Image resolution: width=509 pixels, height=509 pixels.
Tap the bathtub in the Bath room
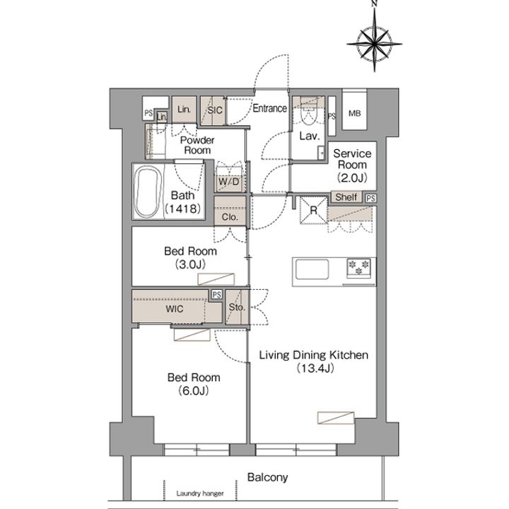coord(148,192)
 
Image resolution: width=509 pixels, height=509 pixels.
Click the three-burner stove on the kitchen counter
coord(358,267)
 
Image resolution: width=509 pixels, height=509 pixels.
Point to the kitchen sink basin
coord(312,269)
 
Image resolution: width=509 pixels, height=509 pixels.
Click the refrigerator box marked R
coord(313,210)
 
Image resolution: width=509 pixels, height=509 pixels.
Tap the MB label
coord(354,113)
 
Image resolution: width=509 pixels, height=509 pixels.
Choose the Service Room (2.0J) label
coord(352,165)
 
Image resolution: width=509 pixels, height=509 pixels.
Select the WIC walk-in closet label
coord(175,309)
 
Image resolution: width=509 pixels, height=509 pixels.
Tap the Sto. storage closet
coord(238,307)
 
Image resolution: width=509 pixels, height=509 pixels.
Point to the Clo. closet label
coord(230,217)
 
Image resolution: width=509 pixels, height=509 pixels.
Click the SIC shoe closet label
coord(215,110)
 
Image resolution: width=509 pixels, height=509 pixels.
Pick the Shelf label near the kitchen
coord(346,197)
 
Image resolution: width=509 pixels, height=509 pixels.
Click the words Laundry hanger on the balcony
coord(200,493)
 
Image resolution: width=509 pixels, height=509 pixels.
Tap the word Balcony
coord(267,477)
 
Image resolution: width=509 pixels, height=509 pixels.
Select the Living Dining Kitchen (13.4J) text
coord(314,361)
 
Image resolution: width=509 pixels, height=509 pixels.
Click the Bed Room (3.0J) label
coord(191,258)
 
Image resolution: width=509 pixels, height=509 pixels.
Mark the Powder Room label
coord(197,145)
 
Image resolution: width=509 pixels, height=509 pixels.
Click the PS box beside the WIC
coord(217,294)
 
